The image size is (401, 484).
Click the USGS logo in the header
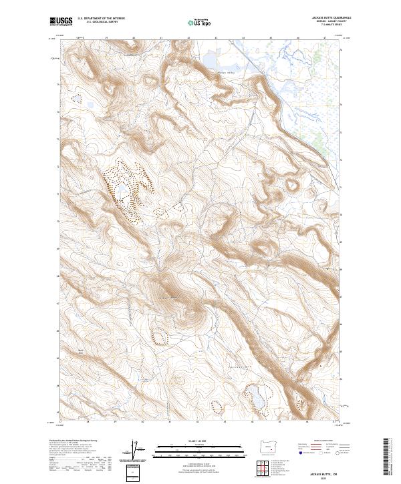(61, 21)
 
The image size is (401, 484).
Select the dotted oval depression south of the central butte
(160, 336)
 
